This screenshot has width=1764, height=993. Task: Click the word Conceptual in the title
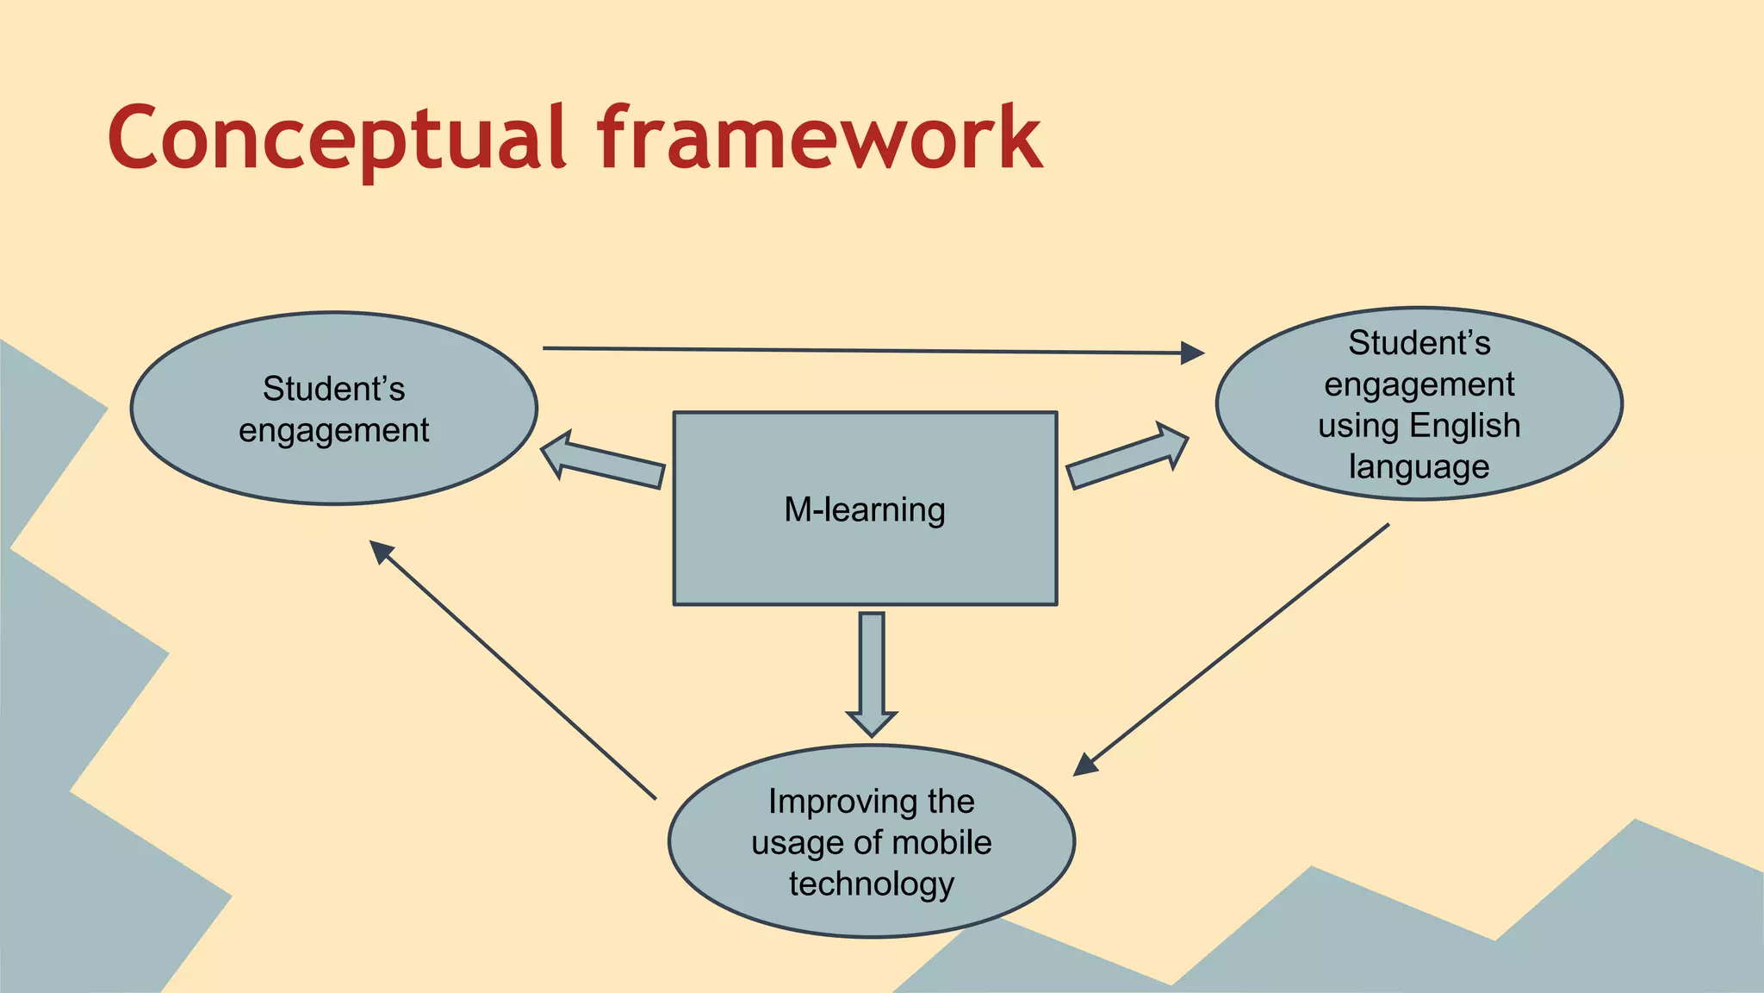pyautogui.click(x=336, y=138)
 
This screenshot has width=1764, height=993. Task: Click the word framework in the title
pyautogui.click(x=818, y=138)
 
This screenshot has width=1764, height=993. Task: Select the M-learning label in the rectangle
pyautogui.click(x=864, y=509)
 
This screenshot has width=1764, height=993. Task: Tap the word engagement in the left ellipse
pyautogui.click(x=333, y=430)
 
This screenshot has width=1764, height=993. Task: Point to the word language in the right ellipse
pyautogui.click(x=1419, y=466)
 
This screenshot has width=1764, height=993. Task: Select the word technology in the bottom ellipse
pyautogui.click(x=871, y=884)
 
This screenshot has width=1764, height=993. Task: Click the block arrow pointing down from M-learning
pyautogui.click(x=872, y=672)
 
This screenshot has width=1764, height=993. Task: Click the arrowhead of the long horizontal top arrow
pyautogui.click(x=1192, y=353)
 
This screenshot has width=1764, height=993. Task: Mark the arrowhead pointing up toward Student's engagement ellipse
pyautogui.click(x=380, y=551)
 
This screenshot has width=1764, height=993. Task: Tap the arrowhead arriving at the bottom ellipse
pyautogui.click(x=1085, y=765)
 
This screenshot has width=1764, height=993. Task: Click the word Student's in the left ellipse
pyautogui.click(x=333, y=389)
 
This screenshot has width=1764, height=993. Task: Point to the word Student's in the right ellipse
pyautogui.click(x=1419, y=343)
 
